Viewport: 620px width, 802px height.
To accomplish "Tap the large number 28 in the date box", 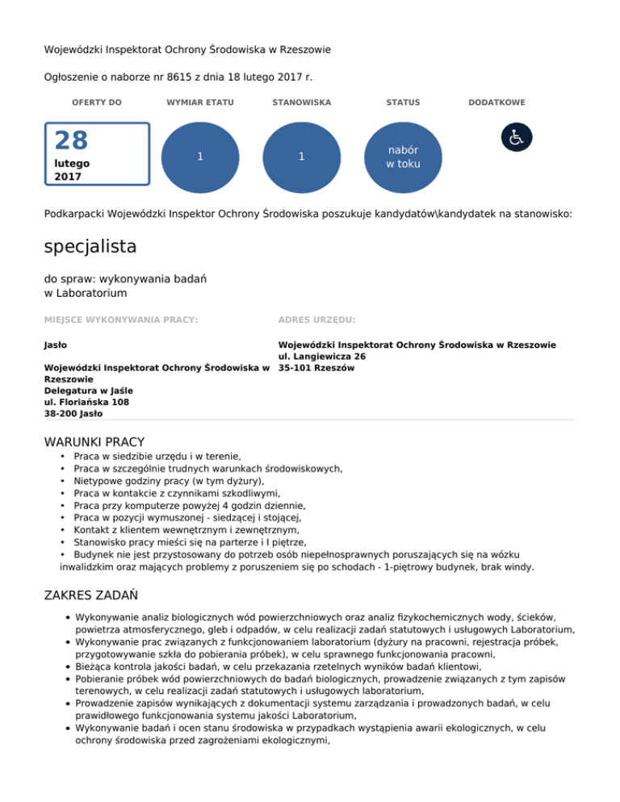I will pyautogui.click(x=71, y=141).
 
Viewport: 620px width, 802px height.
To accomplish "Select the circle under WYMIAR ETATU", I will pyautogui.click(x=199, y=157).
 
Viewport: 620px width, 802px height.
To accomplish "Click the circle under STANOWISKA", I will pyautogui.click(x=300, y=157).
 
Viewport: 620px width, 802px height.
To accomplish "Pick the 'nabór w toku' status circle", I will pyautogui.click(x=403, y=157).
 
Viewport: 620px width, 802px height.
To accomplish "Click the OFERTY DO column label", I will pyautogui.click(x=97, y=102).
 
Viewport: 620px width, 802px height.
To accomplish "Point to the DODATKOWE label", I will pyautogui.click(x=496, y=102).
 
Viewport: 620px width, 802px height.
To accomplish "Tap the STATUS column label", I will pyautogui.click(x=403, y=102).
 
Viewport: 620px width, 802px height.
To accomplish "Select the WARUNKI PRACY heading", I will pyautogui.click(x=94, y=441).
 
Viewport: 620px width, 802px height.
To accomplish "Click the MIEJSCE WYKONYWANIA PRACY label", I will pyautogui.click(x=121, y=320).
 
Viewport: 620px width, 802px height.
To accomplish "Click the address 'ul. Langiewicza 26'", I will pyautogui.click(x=321, y=356).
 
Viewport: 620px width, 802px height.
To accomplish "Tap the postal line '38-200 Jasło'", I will pyautogui.click(x=73, y=413).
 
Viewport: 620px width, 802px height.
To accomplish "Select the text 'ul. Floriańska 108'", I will pyautogui.click(x=86, y=402).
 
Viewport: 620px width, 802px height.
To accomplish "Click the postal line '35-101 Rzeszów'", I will pyautogui.click(x=316, y=368).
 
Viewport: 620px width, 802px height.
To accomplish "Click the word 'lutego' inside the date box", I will pyautogui.click(x=72, y=163).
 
